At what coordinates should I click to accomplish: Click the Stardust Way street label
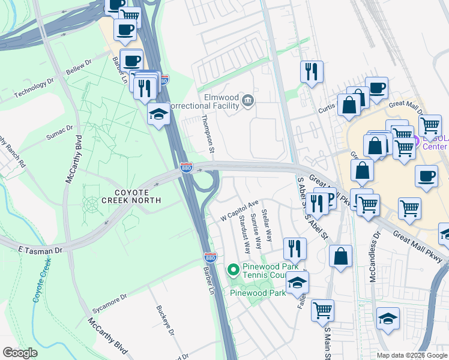pyautogui.click(x=244, y=236)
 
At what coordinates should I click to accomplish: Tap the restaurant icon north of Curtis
pyautogui.click(x=312, y=71)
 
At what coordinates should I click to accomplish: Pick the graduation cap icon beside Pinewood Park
pyautogui.click(x=297, y=282)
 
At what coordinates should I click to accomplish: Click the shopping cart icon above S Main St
pyautogui.click(x=322, y=310)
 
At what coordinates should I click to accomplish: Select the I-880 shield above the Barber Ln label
pyautogui.click(x=209, y=256)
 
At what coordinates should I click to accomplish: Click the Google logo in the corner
pyautogui.click(x=20, y=353)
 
